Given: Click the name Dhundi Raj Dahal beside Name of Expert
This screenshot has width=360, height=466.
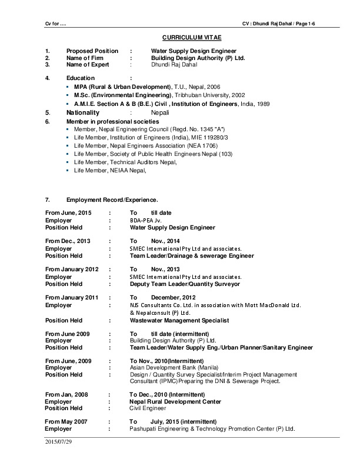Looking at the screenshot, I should pyautogui.click(x=171, y=65).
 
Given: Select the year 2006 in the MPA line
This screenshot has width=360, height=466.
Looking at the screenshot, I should pyautogui.click(x=214, y=86).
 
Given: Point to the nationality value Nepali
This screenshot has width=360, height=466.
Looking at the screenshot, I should pyautogui.click(x=161, y=112).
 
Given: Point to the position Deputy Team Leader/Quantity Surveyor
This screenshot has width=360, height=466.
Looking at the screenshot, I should pyautogui.click(x=185, y=284).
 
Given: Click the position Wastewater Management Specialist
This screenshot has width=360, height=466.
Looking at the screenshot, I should pyautogui.click(x=179, y=320).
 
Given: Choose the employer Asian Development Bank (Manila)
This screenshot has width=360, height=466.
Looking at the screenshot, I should pyautogui.click(x=168, y=367).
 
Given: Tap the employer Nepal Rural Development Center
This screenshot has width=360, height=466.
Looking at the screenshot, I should pyautogui.click(x=175, y=401).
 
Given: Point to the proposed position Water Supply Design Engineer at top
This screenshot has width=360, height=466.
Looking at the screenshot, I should pyautogui.click(x=194, y=51).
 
